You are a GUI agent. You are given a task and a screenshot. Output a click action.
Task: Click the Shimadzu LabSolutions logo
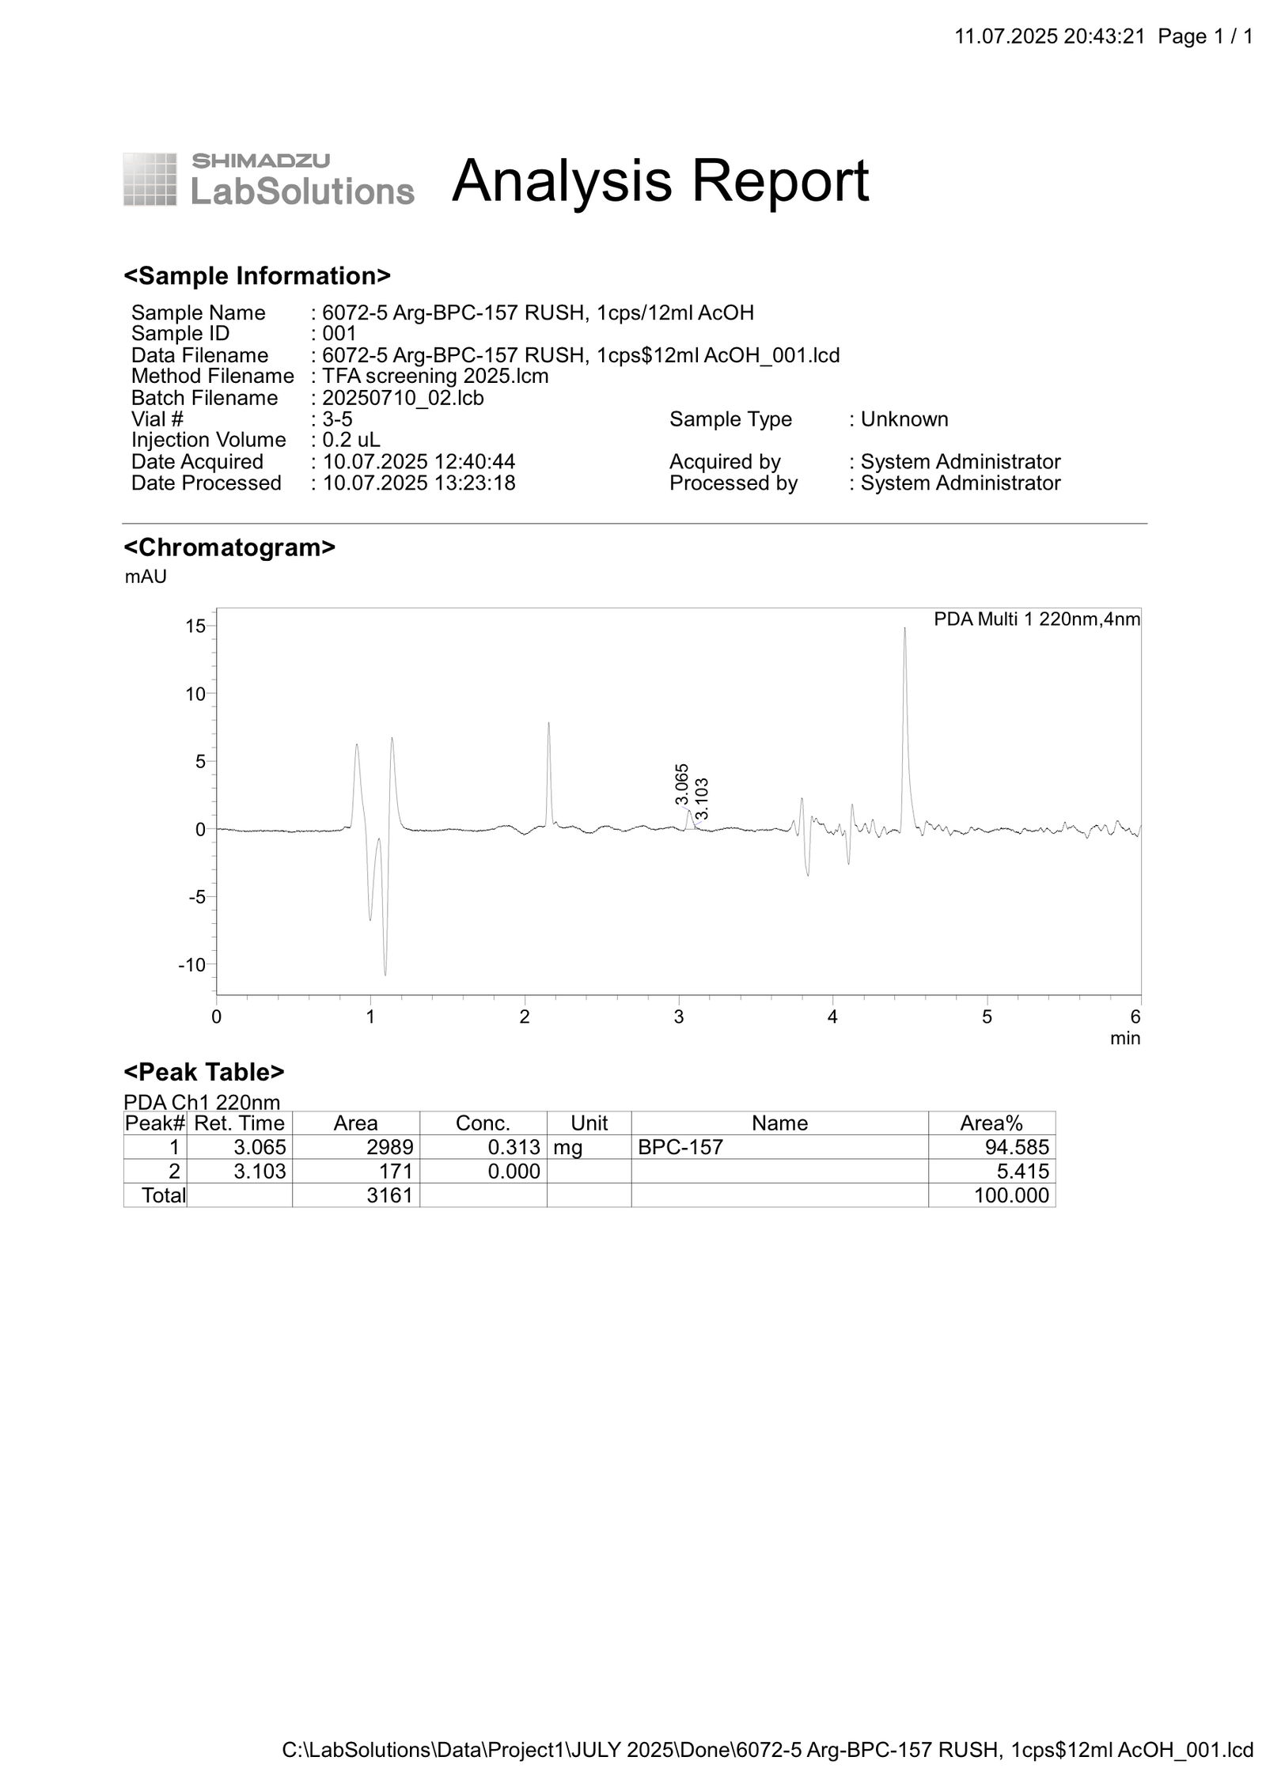click(268, 180)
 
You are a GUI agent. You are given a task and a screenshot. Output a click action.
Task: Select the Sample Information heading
click(257, 276)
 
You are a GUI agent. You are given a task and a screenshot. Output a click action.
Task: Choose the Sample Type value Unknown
click(904, 418)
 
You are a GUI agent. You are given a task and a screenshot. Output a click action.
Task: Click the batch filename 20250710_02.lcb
click(403, 398)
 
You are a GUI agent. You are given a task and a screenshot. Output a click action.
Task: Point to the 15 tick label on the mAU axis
click(195, 627)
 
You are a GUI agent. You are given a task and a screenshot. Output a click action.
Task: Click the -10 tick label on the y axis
click(191, 965)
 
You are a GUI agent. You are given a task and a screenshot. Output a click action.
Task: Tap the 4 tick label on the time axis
click(832, 1017)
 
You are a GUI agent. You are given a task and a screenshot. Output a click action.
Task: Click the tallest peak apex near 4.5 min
click(904, 629)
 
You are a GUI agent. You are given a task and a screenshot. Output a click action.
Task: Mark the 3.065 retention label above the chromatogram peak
click(682, 784)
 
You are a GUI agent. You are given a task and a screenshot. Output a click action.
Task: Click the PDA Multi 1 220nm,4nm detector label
click(1037, 619)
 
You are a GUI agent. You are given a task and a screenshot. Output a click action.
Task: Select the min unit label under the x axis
click(1124, 1038)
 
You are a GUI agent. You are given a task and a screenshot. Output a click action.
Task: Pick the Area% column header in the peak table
click(991, 1123)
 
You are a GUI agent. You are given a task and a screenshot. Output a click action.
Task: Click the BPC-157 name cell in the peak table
click(680, 1147)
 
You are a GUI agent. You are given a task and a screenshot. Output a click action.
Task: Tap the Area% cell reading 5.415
click(1022, 1171)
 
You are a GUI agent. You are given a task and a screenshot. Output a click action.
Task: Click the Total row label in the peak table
click(163, 1195)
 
